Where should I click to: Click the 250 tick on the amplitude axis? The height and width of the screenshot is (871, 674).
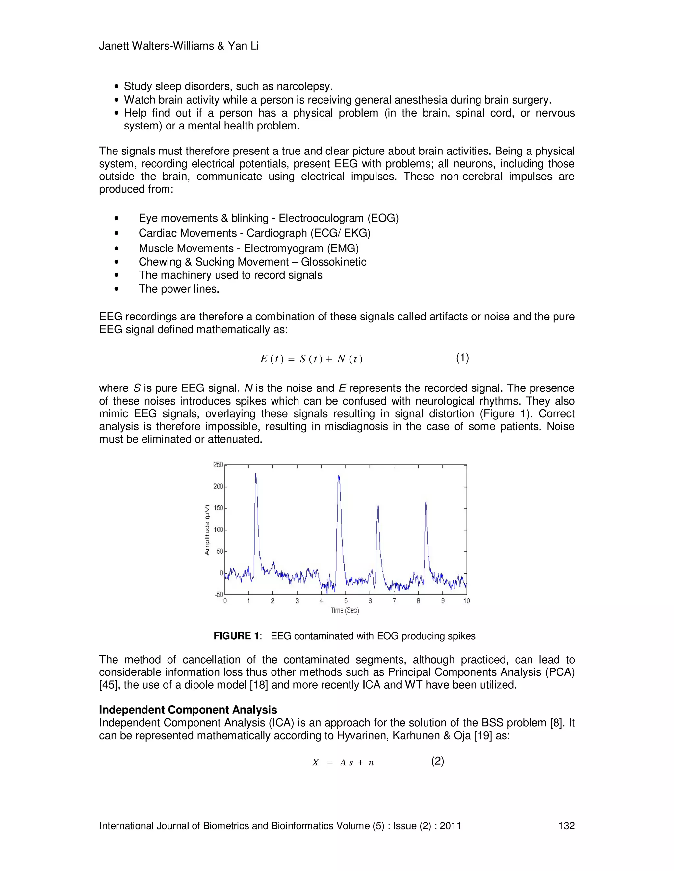218,465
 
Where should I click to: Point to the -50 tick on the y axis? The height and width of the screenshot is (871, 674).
219,594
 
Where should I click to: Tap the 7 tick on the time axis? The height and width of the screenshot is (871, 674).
394,601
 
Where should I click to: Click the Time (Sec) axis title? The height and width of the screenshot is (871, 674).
345,611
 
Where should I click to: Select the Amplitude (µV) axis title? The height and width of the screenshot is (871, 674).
207,530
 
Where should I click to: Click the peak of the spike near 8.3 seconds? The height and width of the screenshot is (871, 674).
426,502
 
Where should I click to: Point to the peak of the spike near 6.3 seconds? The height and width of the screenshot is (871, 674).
378,506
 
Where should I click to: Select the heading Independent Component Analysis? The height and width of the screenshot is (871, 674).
188,710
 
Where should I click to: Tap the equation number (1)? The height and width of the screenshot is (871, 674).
462,358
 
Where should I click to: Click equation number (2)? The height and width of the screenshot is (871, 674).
438,761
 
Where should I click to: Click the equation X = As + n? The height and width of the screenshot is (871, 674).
343,763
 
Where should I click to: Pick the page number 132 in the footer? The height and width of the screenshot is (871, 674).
566,826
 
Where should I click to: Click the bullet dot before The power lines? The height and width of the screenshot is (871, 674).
117,289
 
